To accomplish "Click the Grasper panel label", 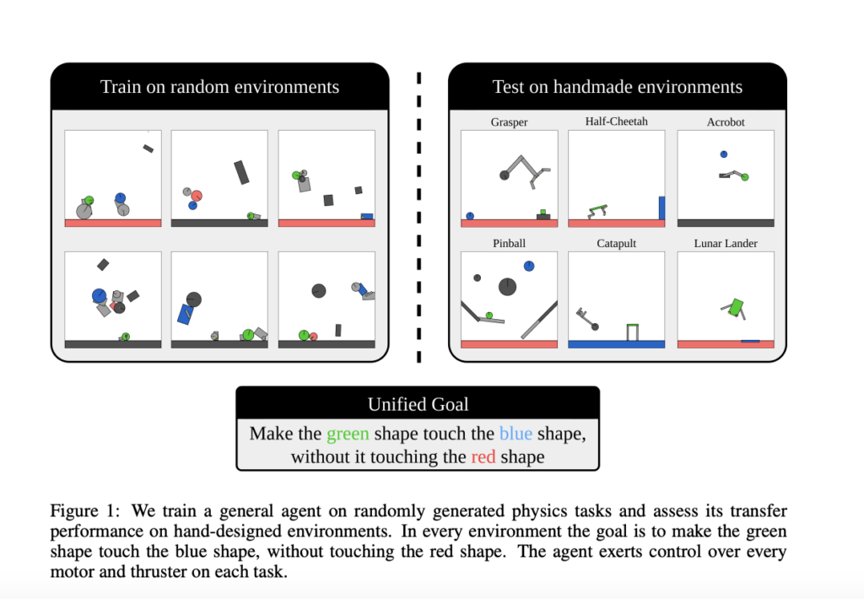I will [509, 122].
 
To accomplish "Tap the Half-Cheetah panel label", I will [616, 121].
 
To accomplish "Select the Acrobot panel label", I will [725, 122].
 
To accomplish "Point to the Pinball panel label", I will [509, 244].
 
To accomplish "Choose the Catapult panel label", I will [616, 244].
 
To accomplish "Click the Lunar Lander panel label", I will [725, 244].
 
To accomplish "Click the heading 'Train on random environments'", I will [219, 87].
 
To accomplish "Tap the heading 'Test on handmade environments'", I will [617, 87].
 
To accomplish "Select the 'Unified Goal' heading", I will [418, 404].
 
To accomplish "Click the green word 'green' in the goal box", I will [348, 434].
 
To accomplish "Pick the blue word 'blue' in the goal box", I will [516, 434].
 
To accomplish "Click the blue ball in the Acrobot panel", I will [724, 154].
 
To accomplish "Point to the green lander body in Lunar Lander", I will [736, 306].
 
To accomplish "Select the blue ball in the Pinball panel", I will [529, 266].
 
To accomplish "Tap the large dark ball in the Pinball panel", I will [507, 287].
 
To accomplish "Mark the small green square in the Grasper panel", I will [543, 211].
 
